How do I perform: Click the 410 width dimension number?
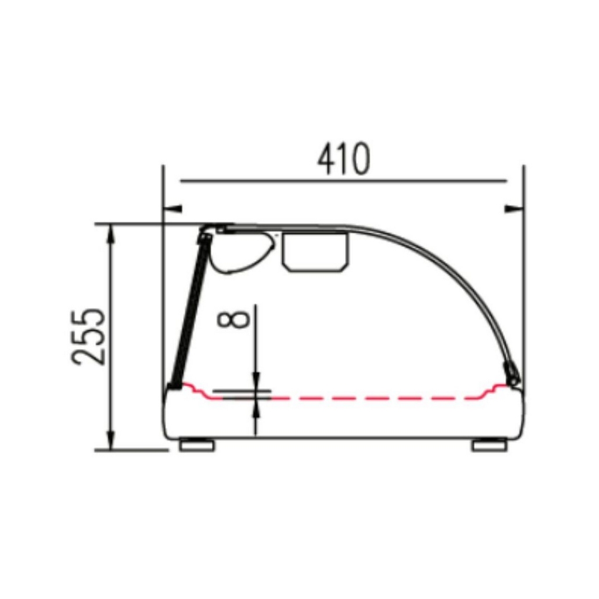344,159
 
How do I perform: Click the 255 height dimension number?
88,336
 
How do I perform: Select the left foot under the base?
197,445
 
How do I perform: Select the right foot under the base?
490,445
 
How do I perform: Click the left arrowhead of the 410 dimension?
173,209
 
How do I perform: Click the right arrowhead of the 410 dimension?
514,209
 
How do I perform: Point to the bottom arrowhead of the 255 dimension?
111,441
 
